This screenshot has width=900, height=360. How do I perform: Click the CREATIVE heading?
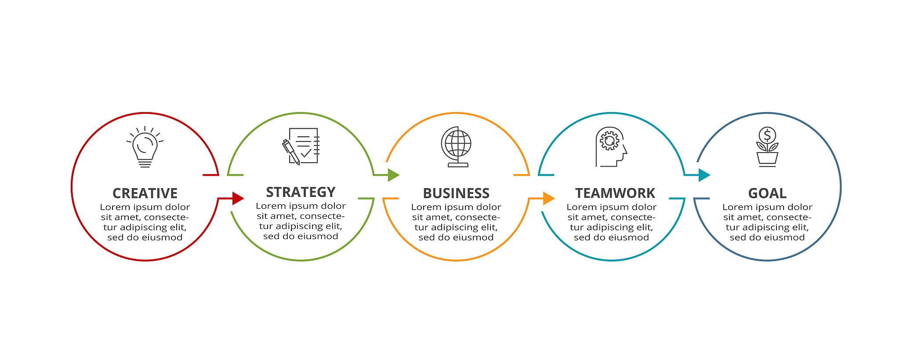point(145,193)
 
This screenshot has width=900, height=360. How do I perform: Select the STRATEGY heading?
point(301,192)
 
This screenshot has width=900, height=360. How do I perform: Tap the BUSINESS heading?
point(456,193)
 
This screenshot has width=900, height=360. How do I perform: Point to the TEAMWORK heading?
point(615,193)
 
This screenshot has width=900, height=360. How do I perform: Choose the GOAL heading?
point(767,193)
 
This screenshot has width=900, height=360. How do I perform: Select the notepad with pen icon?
point(301,146)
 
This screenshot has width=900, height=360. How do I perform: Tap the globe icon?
point(457,147)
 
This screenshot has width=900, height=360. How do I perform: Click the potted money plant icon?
point(767,147)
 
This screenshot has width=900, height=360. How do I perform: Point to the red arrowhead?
point(238,198)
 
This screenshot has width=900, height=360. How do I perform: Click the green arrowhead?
point(393,175)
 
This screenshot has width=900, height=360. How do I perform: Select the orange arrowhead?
point(548,198)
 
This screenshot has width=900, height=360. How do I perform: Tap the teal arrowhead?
point(704,175)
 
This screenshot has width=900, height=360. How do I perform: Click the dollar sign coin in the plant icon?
point(767,135)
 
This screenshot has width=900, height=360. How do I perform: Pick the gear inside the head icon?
point(610,141)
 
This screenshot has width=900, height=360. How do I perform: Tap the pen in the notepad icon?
point(291,152)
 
